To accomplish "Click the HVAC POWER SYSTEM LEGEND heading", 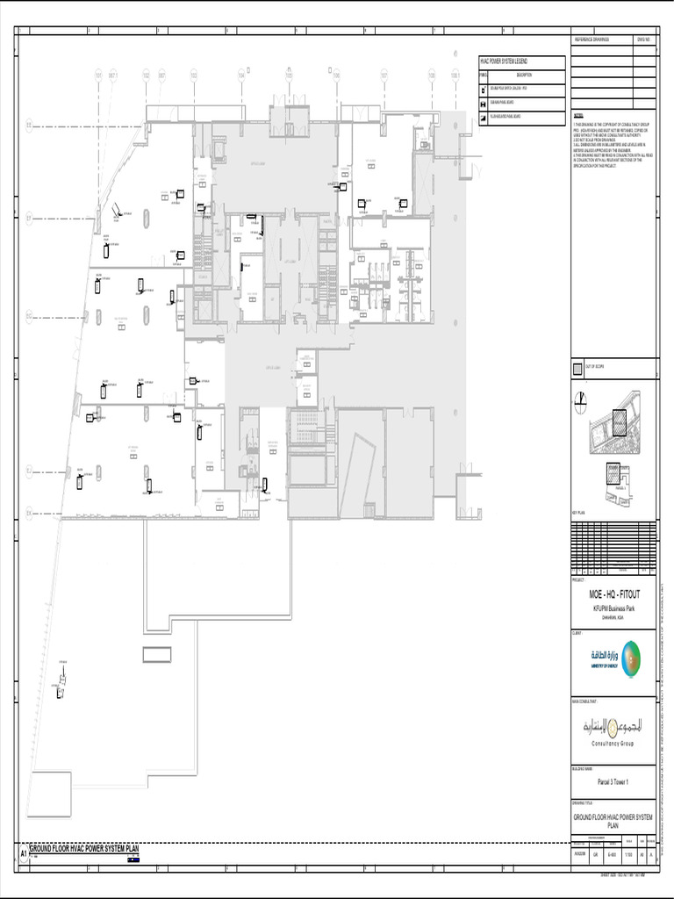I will click(x=509, y=61).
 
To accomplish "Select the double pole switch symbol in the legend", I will click(x=483, y=90).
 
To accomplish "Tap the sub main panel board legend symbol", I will click(x=483, y=104).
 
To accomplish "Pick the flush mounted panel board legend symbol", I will click(x=483, y=116).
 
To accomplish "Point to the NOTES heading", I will click(x=578, y=115).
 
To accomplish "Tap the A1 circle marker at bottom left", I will click(x=24, y=852).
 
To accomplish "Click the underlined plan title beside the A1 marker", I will click(x=84, y=849).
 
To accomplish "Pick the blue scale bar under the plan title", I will click(x=133, y=859).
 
